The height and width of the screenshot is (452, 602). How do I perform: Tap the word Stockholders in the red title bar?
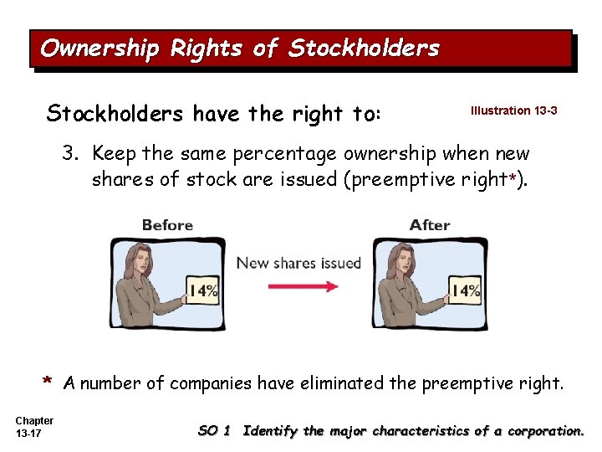coord(363,49)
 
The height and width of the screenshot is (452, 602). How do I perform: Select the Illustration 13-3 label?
coord(513,110)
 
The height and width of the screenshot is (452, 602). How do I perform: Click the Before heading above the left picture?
coord(167,225)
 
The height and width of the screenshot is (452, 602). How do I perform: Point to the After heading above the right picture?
coord(430,225)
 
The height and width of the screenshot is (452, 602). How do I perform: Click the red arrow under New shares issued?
coord(303,285)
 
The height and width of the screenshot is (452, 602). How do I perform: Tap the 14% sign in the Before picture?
coord(202,291)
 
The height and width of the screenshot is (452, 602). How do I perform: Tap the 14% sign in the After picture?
coord(465,291)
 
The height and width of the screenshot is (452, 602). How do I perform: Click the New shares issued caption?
coord(298,263)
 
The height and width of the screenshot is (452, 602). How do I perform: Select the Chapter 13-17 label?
coord(34,427)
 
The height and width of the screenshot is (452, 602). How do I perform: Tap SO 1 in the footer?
coord(213,431)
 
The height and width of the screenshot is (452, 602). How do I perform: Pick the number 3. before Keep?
coord(74,154)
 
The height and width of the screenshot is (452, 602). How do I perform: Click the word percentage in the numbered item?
coord(282,154)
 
